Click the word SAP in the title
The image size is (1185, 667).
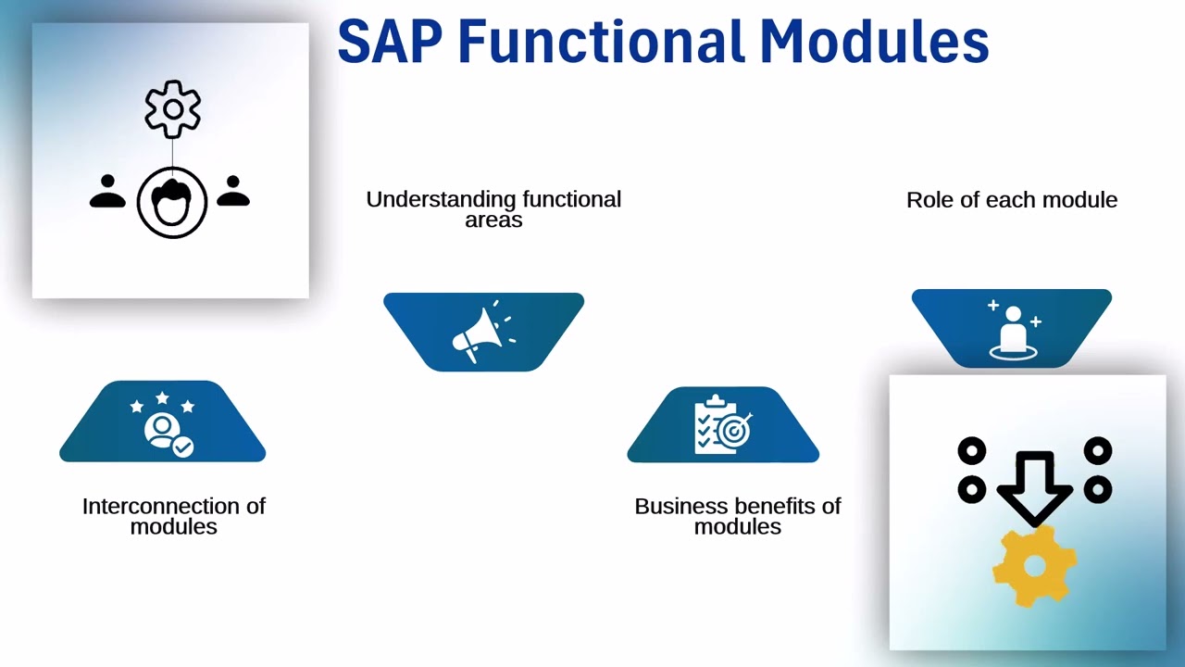(x=390, y=43)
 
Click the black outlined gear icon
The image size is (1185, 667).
(x=172, y=109)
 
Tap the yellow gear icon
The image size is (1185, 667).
(x=1034, y=565)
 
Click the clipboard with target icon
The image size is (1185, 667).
(x=722, y=425)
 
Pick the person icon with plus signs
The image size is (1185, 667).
(x=1013, y=330)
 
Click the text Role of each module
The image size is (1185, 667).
(x=1012, y=200)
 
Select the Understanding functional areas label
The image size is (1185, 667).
(x=493, y=208)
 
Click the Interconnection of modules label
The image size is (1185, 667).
(x=174, y=516)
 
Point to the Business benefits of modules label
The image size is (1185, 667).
(x=738, y=516)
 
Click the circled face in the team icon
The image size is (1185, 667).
(x=172, y=202)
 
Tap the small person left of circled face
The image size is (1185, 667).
(x=107, y=192)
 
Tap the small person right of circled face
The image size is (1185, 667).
(x=233, y=192)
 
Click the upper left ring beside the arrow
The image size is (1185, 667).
(x=971, y=452)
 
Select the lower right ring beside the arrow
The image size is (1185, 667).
(x=1098, y=488)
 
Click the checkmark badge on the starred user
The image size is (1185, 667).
(x=183, y=447)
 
